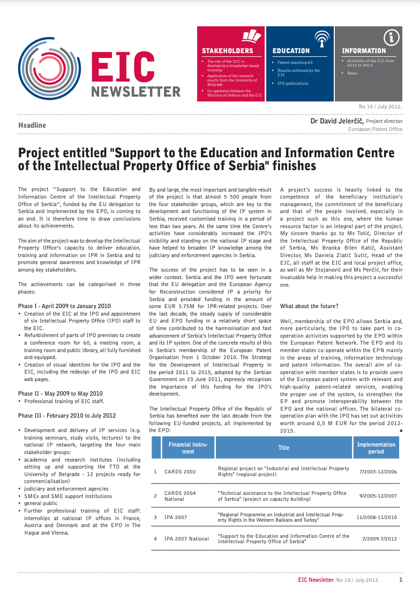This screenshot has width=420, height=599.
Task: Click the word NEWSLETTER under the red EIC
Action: [x=136, y=92]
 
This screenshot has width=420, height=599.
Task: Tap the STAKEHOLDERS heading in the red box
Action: [x=227, y=50]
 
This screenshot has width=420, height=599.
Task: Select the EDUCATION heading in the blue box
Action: [x=291, y=50]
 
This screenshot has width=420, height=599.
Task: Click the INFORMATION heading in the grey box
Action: [x=364, y=50]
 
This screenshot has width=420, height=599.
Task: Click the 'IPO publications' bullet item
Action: [x=292, y=84]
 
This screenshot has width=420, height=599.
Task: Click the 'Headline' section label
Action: [x=32, y=125]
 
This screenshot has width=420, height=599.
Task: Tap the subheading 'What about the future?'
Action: [x=309, y=306]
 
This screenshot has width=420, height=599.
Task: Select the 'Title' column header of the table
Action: [x=284, y=448]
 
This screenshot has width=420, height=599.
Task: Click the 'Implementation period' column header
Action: [x=376, y=448]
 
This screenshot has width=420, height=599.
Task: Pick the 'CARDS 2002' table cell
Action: [x=180, y=472]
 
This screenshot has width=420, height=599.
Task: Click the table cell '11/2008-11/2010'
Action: [x=377, y=517]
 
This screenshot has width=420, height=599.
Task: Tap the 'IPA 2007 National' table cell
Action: [x=186, y=538]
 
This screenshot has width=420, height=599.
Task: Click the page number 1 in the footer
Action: [x=400, y=580]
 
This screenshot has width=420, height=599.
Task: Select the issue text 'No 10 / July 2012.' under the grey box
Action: [x=380, y=106]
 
